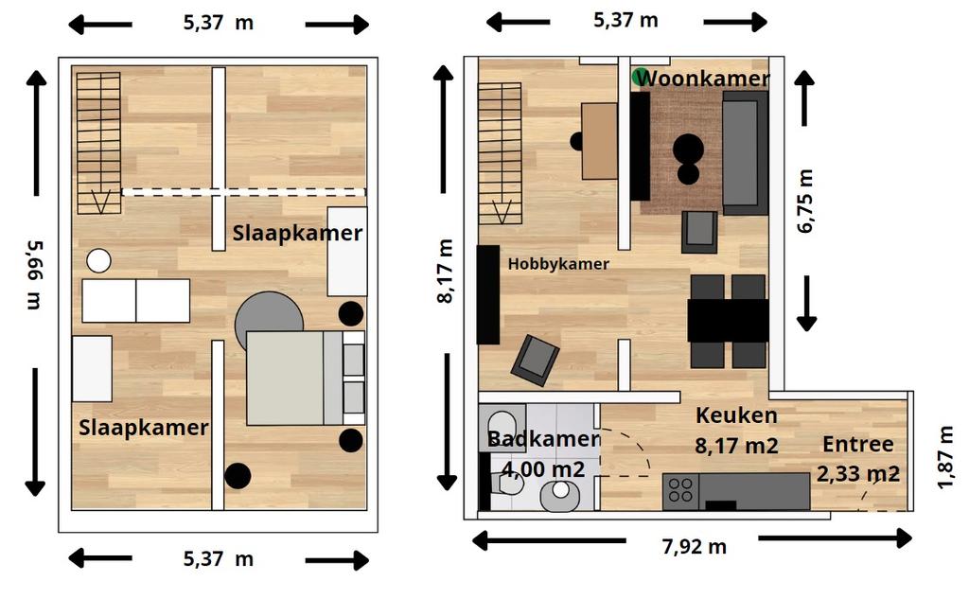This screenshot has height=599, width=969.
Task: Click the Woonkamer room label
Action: click(x=702, y=79)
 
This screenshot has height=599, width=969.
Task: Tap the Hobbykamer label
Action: click(x=558, y=264)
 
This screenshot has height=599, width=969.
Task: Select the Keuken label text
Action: click(x=736, y=415)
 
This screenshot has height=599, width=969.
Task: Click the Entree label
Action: click(x=857, y=444)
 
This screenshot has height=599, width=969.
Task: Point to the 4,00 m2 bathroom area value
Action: click(x=543, y=469)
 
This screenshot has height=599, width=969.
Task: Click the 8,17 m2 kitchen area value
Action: click(x=736, y=445)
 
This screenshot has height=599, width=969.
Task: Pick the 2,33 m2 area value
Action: click(x=857, y=473)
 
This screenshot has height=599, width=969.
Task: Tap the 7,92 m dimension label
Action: click(x=694, y=546)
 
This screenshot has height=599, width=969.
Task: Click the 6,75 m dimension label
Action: click(x=805, y=201)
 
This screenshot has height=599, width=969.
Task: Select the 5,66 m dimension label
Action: click(x=35, y=274)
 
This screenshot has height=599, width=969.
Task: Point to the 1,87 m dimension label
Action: click(x=945, y=457)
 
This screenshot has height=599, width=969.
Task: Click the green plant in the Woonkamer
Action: click(x=641, y=76)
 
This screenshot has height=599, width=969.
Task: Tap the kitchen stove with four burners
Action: click(x=680, y=491)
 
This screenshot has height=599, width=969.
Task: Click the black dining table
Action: click(x=728, y=320)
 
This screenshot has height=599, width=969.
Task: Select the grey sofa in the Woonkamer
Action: click(x=745, y=152)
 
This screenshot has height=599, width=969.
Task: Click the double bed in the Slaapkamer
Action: click(x=306, y=378)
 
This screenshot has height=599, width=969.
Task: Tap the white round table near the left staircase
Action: click(x=98, y=261)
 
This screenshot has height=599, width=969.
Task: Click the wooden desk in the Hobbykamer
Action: click(x=599, y=141)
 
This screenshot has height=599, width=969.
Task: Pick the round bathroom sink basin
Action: click(x=560, y=495)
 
